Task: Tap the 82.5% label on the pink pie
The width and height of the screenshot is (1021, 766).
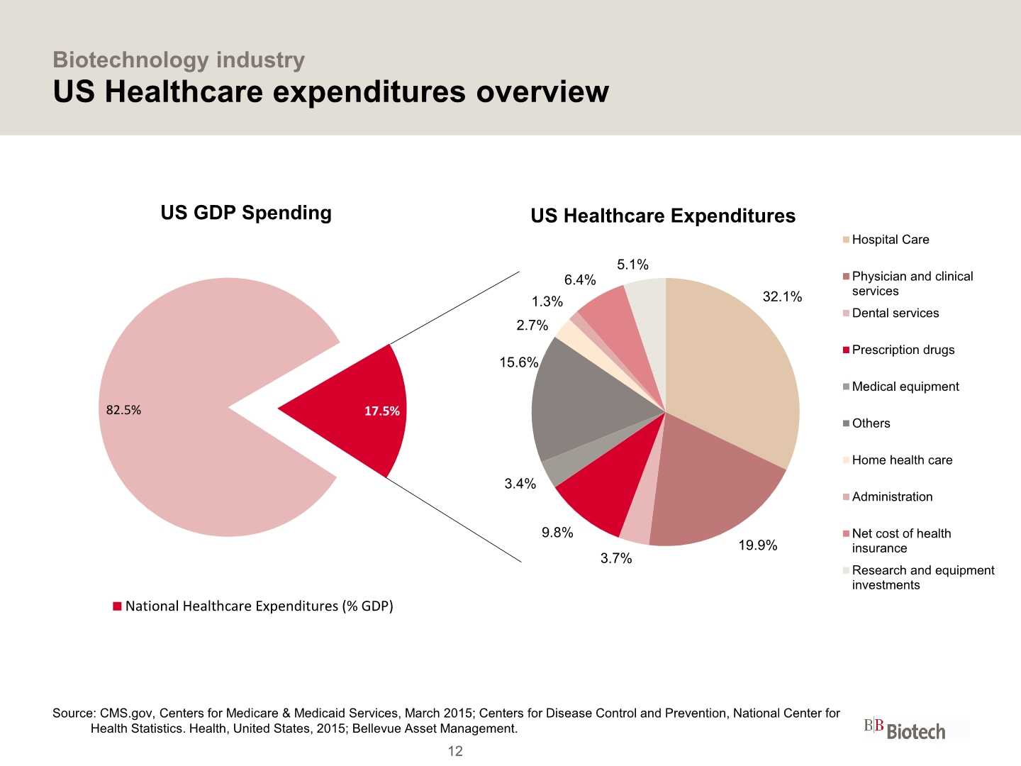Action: [x=123, y=410]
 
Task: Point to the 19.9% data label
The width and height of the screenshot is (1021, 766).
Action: [x=757, y=545]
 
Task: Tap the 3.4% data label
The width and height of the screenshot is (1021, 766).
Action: [x=520, y=484]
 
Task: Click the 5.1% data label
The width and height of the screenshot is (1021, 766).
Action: [x=632, y=265]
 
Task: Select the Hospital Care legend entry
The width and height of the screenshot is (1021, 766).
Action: [x=890, y=240]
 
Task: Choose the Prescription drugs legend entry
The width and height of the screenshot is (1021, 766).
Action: [x=903, y=350]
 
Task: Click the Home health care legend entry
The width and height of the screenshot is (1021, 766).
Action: [x=902, y=460]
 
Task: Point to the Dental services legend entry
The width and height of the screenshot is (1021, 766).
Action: [x=895, y=313]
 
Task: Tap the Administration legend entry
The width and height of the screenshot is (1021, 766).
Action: [x=892, y=497]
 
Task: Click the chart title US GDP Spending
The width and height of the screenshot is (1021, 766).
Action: [x=246, y=213]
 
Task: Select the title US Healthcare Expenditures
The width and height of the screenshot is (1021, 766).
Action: [x=663, y=216]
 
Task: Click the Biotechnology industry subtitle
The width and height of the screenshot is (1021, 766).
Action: [x=179, y=60]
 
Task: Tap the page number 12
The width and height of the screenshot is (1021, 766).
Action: [x=455, y=751]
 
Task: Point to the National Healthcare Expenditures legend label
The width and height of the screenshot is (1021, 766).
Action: [x=259, y=606]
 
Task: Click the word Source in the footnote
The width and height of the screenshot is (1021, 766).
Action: [x=74, y=714]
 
